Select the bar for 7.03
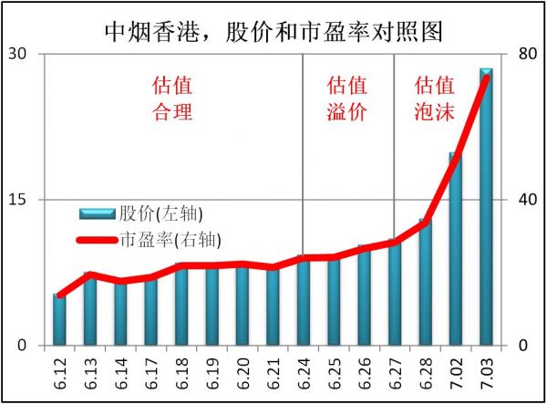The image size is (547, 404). click(486, 210)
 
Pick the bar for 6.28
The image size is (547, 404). click(425, 283)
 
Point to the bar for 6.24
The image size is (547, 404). click(304, 302)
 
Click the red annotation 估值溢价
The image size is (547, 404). click(346, 99)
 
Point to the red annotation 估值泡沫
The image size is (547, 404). click(434, 99)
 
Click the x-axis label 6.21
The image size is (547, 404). click(273, 374)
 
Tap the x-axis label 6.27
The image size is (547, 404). click(395, 374)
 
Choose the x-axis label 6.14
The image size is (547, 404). click(121, 374)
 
